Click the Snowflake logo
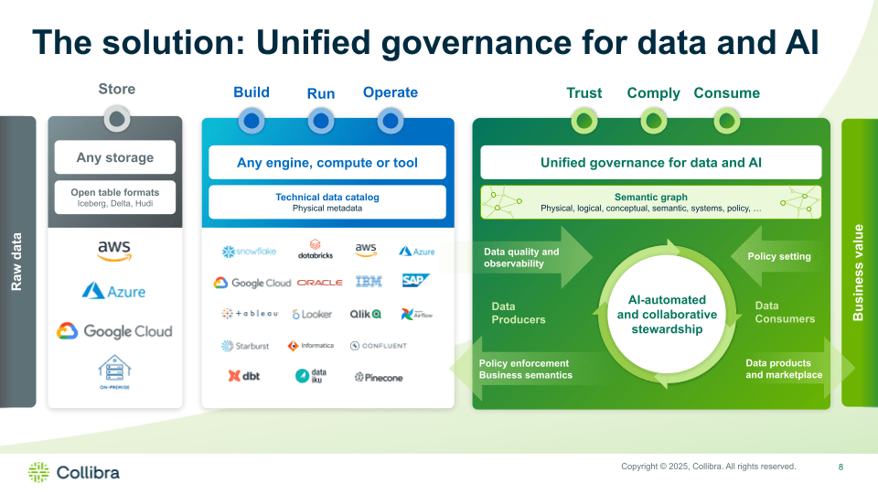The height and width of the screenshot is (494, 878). (248, 252)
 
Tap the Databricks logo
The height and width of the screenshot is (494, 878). (316, 250)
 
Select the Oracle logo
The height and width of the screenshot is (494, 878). (319, 283)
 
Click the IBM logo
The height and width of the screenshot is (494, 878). (369, 282)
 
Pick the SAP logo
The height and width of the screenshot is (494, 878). (416, 281)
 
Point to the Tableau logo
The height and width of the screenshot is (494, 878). (249, 314)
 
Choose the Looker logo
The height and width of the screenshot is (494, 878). (312, 314)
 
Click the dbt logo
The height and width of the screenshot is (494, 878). (244, 375)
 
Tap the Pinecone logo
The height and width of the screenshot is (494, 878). (378, 377)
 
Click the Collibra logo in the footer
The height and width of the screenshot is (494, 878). (74, 472)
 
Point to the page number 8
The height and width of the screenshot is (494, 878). (841, 467)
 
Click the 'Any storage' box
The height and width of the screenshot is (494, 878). (115, 157)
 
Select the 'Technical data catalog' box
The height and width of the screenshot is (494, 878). (327, 201)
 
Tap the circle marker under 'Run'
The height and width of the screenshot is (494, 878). (321, 120)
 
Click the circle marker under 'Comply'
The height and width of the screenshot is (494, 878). (654, 120)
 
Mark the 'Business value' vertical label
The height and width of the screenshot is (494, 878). (858, 272)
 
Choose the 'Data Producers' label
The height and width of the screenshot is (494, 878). (518, 313)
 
